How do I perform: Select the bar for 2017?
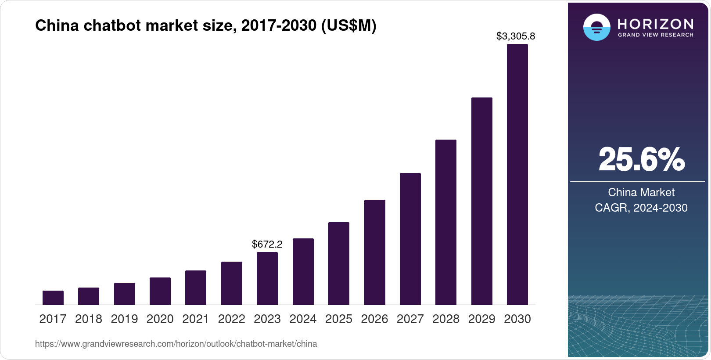point(53,298)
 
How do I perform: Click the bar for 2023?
point(267,278)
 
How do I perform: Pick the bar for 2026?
point(374,252)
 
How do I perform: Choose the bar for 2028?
point(446,222)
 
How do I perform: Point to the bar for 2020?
point(160,291)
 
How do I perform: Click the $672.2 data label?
point(267,244)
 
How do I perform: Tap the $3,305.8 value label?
point(516,36)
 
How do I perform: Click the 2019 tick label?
point(124,319)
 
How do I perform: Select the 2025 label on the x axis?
point(339,319)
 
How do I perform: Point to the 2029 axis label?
point(481,319)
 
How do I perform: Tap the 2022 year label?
point(232,319)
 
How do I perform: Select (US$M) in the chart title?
point(348,25)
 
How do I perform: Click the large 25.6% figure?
point(641,159)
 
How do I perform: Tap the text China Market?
point(641,192)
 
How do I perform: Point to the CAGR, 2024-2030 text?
point(641,208)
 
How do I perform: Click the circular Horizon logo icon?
point(596,28)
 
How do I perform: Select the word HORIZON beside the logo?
point(656,24)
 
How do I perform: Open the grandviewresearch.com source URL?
point(176,344)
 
